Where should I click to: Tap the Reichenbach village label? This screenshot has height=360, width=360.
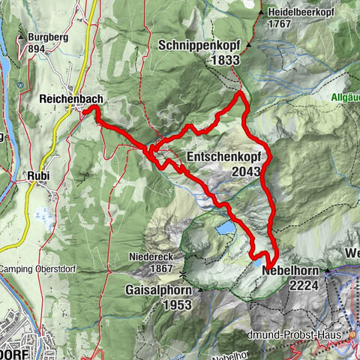point(72,99)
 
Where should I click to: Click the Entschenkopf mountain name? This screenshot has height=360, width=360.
point(222,157)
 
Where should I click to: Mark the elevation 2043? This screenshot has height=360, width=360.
point(245,172)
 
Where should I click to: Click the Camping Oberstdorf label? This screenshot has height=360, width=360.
point(34,268)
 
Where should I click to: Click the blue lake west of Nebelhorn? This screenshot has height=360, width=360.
point(224,227)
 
